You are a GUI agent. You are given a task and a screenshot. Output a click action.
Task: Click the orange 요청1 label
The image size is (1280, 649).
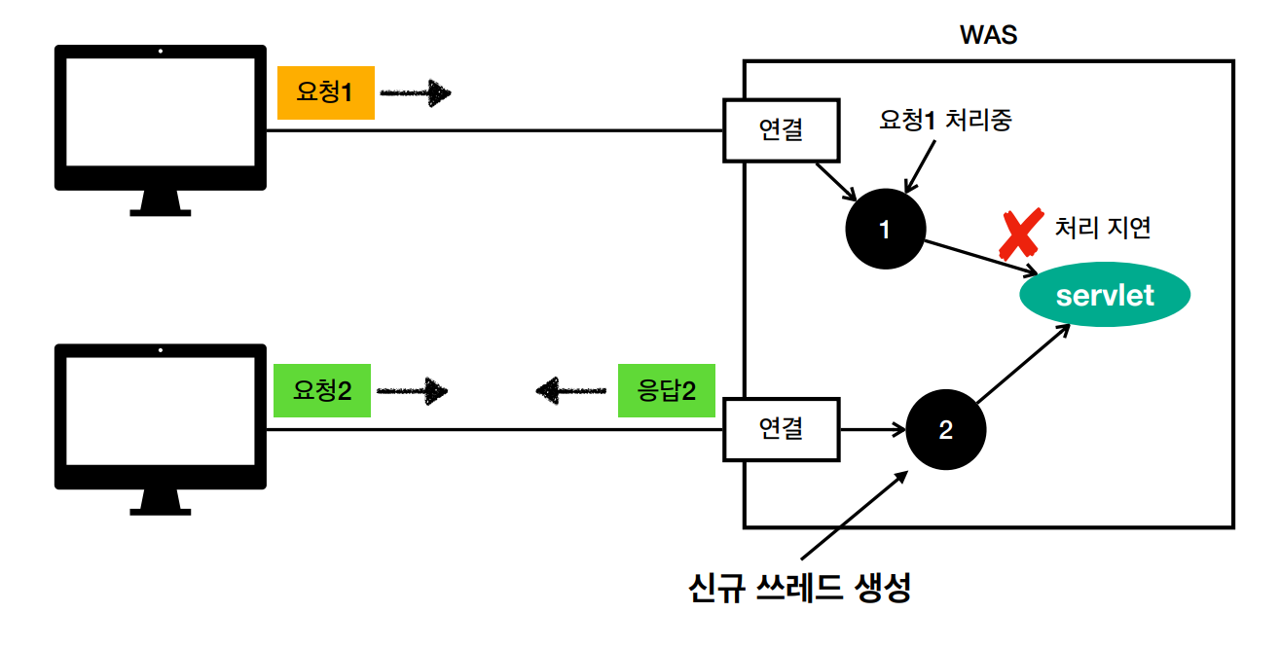tap(325, 93)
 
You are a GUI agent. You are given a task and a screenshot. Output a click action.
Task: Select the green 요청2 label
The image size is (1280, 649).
tap(322, 391)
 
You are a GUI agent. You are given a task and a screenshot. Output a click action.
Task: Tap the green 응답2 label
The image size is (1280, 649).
tap(667, 391)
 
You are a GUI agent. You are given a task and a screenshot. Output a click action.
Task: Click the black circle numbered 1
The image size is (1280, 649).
tap(885, 230)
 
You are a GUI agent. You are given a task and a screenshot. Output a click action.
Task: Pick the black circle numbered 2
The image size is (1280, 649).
tap(945, 429)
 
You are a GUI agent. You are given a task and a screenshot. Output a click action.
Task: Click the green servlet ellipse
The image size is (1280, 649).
tap(1105, 294)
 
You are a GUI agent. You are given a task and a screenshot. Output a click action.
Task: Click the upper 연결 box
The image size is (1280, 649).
tap(781, 129)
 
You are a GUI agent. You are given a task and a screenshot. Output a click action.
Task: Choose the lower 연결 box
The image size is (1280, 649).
tap(781, 428)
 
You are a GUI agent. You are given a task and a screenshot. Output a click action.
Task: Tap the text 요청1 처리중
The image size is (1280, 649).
tap(945, 120)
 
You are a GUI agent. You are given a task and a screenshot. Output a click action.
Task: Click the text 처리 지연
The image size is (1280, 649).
tap(1103, 228)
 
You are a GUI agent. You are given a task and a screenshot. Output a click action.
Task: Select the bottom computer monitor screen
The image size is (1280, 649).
tap(161, 415)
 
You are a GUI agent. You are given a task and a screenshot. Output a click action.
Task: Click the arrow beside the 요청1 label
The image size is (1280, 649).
tap(416, 93)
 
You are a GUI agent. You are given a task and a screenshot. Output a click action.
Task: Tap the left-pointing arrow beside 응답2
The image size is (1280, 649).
tap(572, 391)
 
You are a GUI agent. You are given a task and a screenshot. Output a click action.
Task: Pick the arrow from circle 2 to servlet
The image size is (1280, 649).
tap(1022, 364)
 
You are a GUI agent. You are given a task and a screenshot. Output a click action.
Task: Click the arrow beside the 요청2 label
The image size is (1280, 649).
tap(413, 391)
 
